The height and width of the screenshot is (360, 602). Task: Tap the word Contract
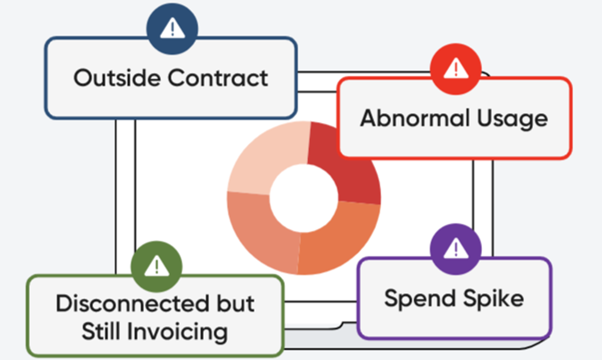(218, 78)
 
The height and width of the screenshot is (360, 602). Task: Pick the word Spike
(494, 299)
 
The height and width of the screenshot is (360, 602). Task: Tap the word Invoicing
(178, 332)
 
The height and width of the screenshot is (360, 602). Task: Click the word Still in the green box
(101, 331)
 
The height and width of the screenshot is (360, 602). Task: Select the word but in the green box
(235, 303)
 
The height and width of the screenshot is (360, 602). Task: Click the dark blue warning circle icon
(172, 29)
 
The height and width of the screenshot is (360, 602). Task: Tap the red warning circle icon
(456, 69)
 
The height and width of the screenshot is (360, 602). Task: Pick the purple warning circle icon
(456, 249)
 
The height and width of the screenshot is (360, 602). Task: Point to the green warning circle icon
(156, 266)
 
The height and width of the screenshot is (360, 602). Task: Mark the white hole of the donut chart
(304, 198)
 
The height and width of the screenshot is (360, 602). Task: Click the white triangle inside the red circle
(456, 68)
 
